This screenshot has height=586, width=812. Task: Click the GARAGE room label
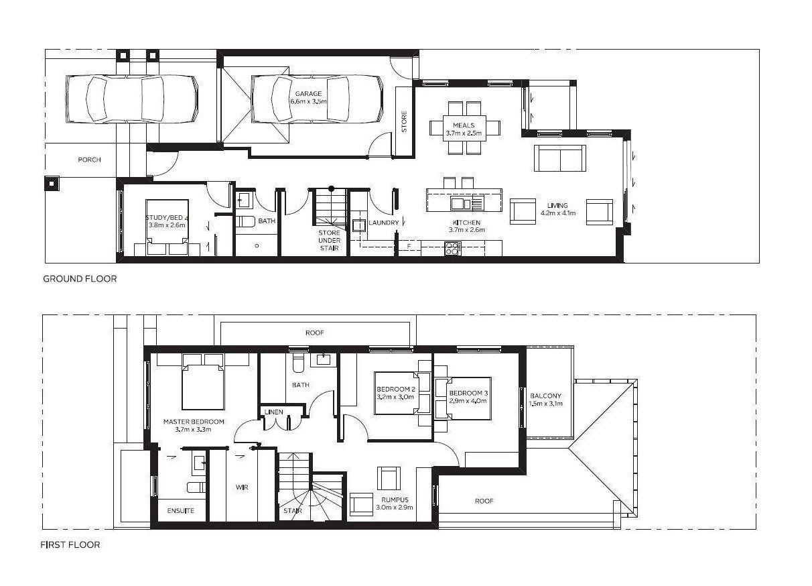308,94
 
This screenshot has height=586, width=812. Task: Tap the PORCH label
89,160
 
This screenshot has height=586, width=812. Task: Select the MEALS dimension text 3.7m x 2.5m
464,133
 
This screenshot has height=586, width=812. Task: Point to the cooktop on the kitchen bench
453,249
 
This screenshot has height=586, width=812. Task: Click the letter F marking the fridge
409,246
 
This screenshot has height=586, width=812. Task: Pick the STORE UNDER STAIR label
329,240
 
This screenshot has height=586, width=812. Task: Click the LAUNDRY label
383,223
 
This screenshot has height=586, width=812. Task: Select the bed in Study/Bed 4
167,227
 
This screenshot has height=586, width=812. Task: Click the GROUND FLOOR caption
80,279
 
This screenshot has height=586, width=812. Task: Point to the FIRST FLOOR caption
70,544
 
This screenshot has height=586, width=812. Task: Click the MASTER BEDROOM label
194,422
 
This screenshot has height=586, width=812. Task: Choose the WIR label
242,487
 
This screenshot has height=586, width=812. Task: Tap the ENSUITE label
180,510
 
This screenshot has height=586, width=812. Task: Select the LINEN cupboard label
274,412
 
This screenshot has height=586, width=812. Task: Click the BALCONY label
545,396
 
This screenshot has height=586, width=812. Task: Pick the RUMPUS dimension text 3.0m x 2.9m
395,508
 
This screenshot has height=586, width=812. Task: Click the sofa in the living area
560,158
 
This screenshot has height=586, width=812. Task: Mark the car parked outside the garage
132,99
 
